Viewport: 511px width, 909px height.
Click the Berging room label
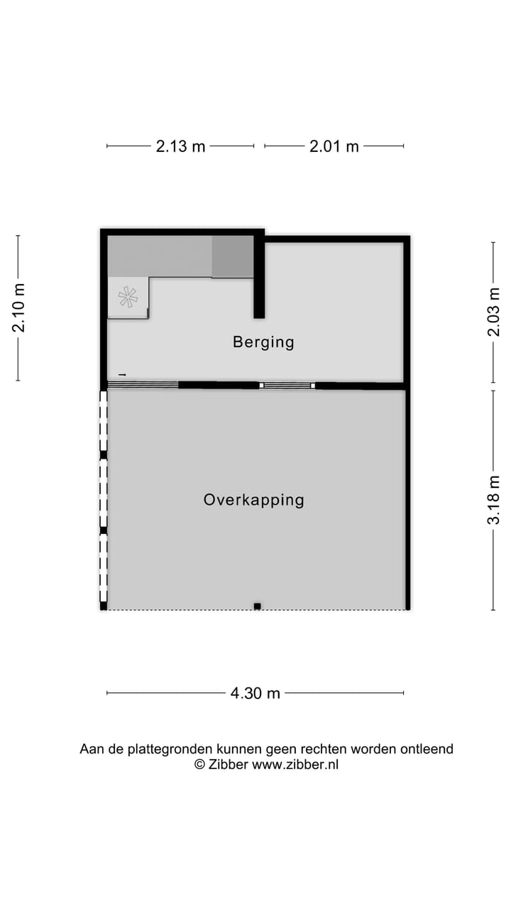click(x=263, y=342)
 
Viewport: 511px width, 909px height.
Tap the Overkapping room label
click(x=253, y=500)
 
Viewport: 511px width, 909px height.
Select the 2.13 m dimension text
click(x=180, y=146)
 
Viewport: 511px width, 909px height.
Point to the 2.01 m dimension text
click(x=334, y=146)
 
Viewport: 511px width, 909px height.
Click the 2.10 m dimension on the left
click(x=18, y=308)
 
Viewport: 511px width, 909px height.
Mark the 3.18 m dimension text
click(x=494, y=500)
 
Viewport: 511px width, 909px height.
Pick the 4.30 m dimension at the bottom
click(x=255, y=694)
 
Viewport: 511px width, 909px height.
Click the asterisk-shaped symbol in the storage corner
click(x=128, y=297)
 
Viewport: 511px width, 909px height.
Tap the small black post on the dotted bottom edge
click(x=257, y=606)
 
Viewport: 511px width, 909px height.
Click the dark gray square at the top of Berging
click(x=232, y=257)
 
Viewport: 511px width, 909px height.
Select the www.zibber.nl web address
click(x=295, y=765)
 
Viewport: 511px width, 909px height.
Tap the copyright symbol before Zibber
click(x=199, y=765)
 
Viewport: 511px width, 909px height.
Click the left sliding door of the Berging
click(x=143, y=385)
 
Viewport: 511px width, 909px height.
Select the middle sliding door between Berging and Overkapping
click(x=287, y=385)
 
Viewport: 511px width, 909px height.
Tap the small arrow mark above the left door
click(x=122, y=374)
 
